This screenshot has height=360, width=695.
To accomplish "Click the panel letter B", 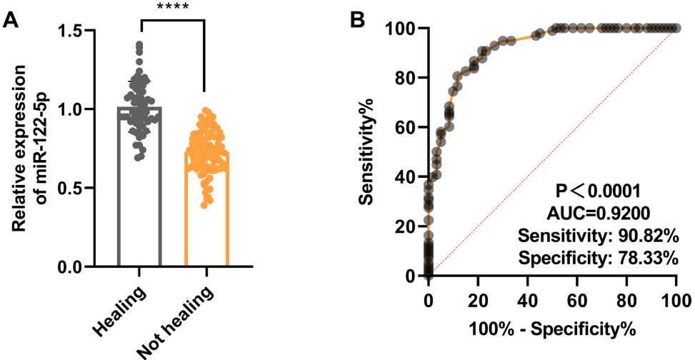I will click(362, 19).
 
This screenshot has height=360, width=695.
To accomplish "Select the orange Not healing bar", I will click(206, 214).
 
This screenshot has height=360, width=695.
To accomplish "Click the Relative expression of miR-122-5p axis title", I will click(33, 147).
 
